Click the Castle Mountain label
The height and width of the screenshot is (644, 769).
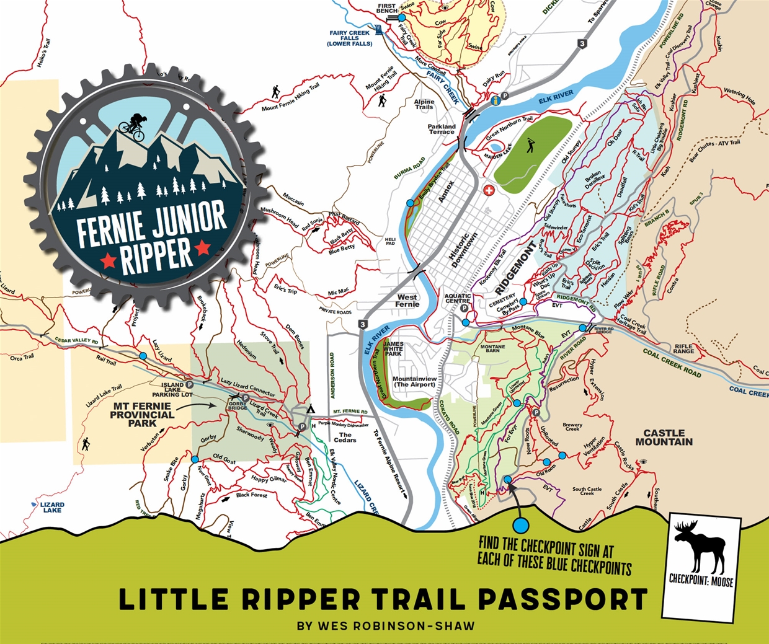(664, 438)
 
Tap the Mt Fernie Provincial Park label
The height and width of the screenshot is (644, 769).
(142, 415)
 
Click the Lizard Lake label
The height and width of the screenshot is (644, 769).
(52, 508)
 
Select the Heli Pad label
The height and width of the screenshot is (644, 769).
(390, 241)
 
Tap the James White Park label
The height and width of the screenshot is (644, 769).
(393, 348)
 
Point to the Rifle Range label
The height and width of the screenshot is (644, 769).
(684, 350)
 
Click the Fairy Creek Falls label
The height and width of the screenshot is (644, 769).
(350, 38)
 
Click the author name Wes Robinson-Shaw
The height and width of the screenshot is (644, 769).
(386, 626)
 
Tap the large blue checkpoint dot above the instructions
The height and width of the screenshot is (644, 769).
(521, 525)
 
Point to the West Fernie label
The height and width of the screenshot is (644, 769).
(407, 301)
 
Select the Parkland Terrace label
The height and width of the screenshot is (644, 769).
(442, 129)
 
